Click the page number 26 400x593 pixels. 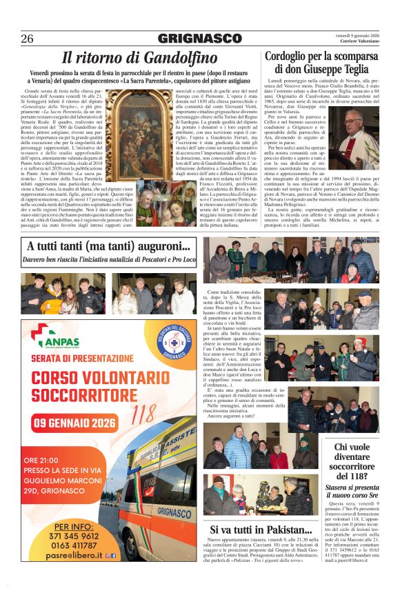[x=27, y=38]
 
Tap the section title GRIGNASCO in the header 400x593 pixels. [x=199, y=39]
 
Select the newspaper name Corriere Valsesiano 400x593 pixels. [x=360, y=42]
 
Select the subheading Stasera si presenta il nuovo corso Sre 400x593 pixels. [x=352, y=492]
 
